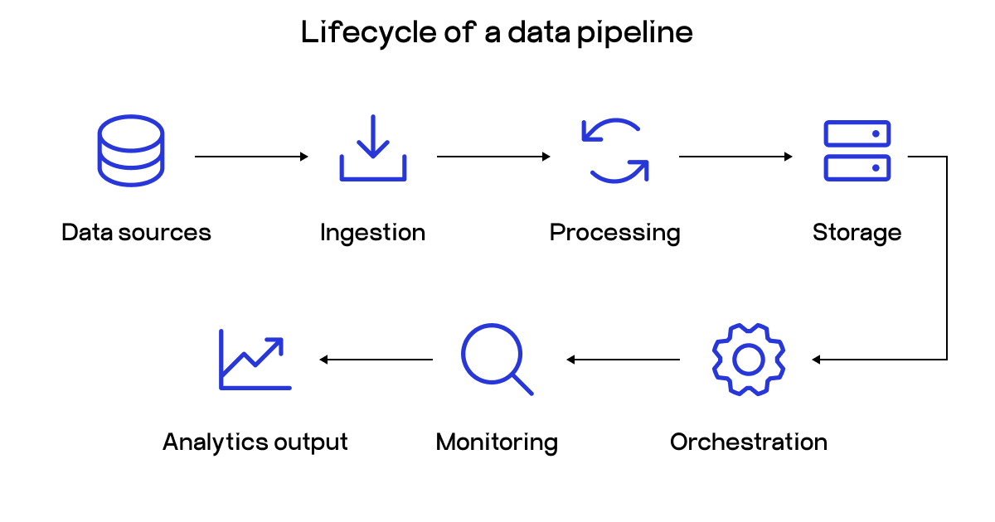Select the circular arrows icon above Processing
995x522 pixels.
(614, 150)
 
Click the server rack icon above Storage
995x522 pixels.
(857, 150)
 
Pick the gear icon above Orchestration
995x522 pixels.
(749, 360)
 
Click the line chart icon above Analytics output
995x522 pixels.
(255, 360)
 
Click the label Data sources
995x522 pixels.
(136, 233)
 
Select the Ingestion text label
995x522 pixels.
(372, 233)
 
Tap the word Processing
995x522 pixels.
(614, 233)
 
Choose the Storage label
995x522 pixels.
(857, 233)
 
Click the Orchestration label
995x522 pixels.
(749, 442)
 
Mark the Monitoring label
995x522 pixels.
(497, 442)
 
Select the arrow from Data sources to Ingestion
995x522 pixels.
(251, 156)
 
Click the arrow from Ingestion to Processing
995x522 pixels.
(493, 156)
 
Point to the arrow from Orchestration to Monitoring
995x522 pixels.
(623, 360)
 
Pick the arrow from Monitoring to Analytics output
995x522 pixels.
(376, 360)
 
